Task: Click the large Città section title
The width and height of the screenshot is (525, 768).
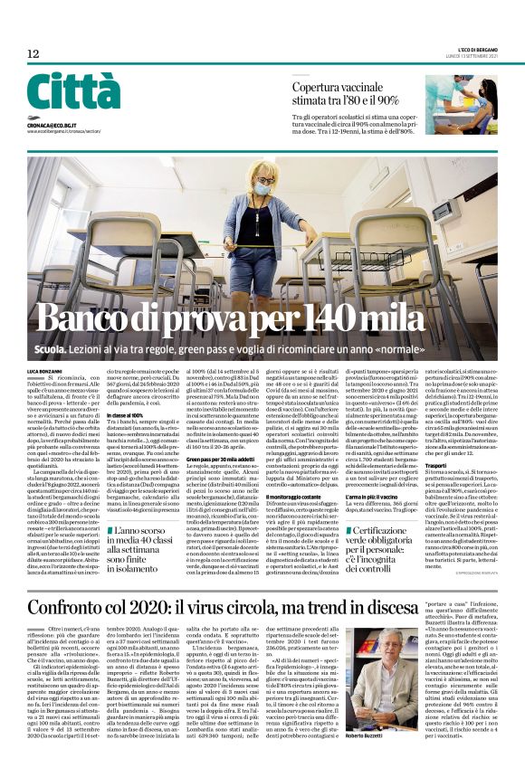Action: [73, 92]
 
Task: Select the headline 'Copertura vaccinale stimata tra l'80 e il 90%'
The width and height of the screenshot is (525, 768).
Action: [346, 93]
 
